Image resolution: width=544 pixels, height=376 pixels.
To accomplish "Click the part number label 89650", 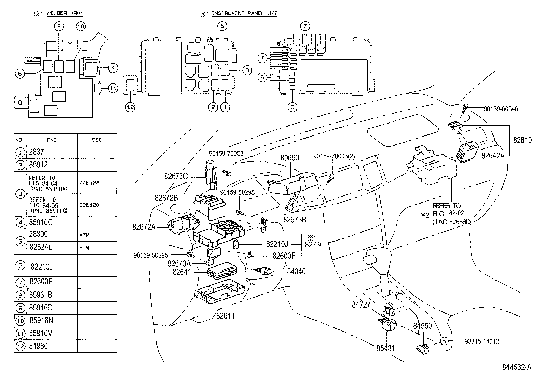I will tap(290, 158).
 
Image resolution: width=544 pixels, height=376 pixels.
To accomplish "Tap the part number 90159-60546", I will tap(501, 109).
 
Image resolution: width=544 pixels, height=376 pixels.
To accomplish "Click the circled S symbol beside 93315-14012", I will tap(444, 341).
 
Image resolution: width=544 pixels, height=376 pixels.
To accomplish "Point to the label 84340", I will tap(296, 271).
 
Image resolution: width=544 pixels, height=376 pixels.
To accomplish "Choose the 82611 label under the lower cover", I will tap(225, 315).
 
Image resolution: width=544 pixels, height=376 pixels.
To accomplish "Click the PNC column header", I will tap(52, 140).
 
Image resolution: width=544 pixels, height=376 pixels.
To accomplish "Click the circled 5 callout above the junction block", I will tap(222, 26).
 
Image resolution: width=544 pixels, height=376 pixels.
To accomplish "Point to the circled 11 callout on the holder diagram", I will tap(113, 88).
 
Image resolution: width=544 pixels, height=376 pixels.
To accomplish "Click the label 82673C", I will tap(176, 176).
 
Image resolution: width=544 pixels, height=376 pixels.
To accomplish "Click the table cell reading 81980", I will tap(38, 346).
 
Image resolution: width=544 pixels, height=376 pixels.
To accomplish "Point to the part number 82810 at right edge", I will tap(522, 140).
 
